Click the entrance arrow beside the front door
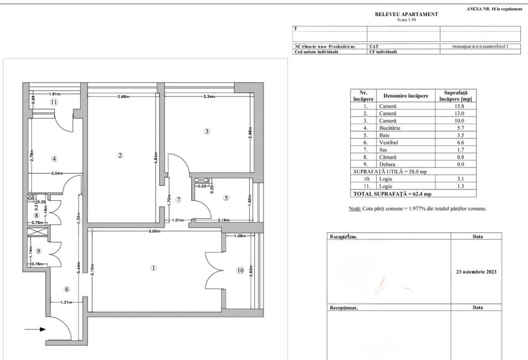click(x=34, y=330)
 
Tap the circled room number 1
click(x=154, y=268)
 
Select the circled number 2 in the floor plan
click(x=120, y=155)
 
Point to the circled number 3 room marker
click(x=207, y=132)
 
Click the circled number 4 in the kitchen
click(x=54, y=159)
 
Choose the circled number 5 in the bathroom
click(x=226, y=197)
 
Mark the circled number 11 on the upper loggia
click(x=54, y=102)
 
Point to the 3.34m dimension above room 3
click(x=208, y=97)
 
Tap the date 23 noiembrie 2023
click(x=477, y=272)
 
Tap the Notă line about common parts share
click(x=417, y=209)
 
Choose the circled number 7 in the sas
click(x=178, y=199)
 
